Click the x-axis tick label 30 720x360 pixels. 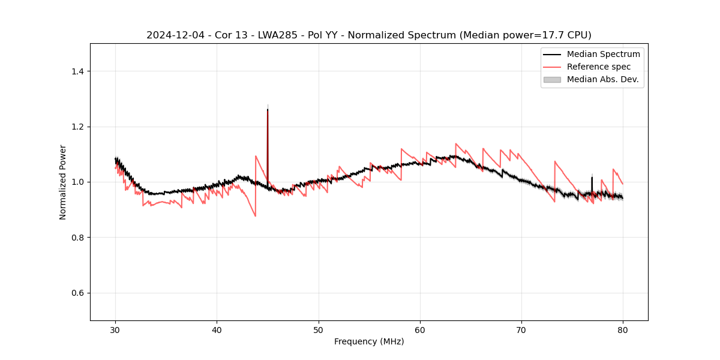click(115, 330)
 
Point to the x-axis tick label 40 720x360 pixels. click(217, 330)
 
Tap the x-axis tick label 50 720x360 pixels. click(319, 330)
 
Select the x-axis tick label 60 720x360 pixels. click(420, 330)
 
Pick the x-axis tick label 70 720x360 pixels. click(521, 330)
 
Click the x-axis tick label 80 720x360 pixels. click(623, 330)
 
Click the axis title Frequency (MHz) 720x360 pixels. click(369, 341)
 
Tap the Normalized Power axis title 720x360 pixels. click(63, 182)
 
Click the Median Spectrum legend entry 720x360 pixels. click(603, 54)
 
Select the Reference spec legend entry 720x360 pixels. click(599, 67)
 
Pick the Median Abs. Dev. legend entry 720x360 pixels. click(602, 79)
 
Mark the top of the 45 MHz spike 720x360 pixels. click(268, 109)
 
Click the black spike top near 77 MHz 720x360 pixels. click(592, 177)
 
